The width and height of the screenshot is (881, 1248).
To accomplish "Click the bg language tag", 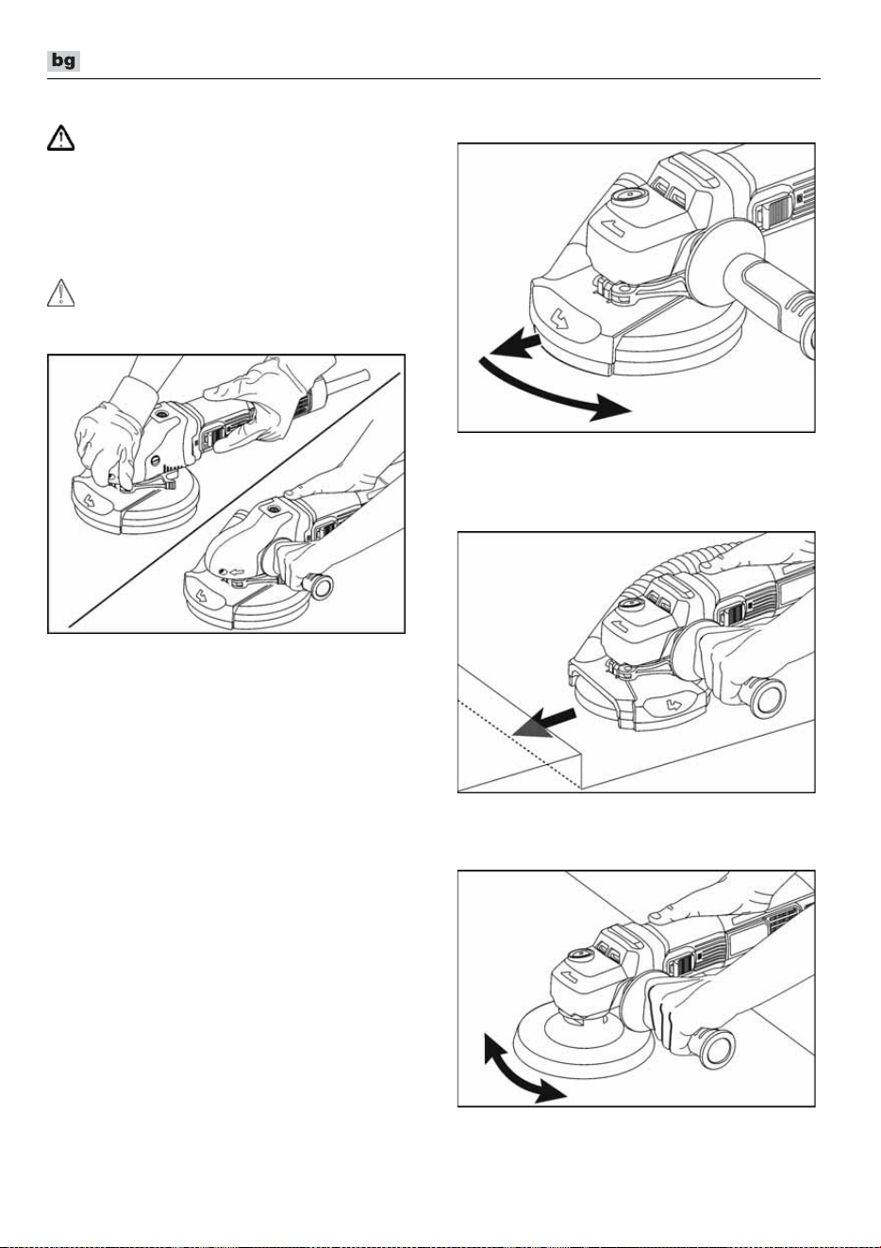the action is point(63,60).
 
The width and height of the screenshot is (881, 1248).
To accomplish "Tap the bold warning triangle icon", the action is point(60,138).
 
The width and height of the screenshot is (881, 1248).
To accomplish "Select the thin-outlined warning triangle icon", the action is point(60,292).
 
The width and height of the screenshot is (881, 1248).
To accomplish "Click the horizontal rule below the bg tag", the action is point(434,79).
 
